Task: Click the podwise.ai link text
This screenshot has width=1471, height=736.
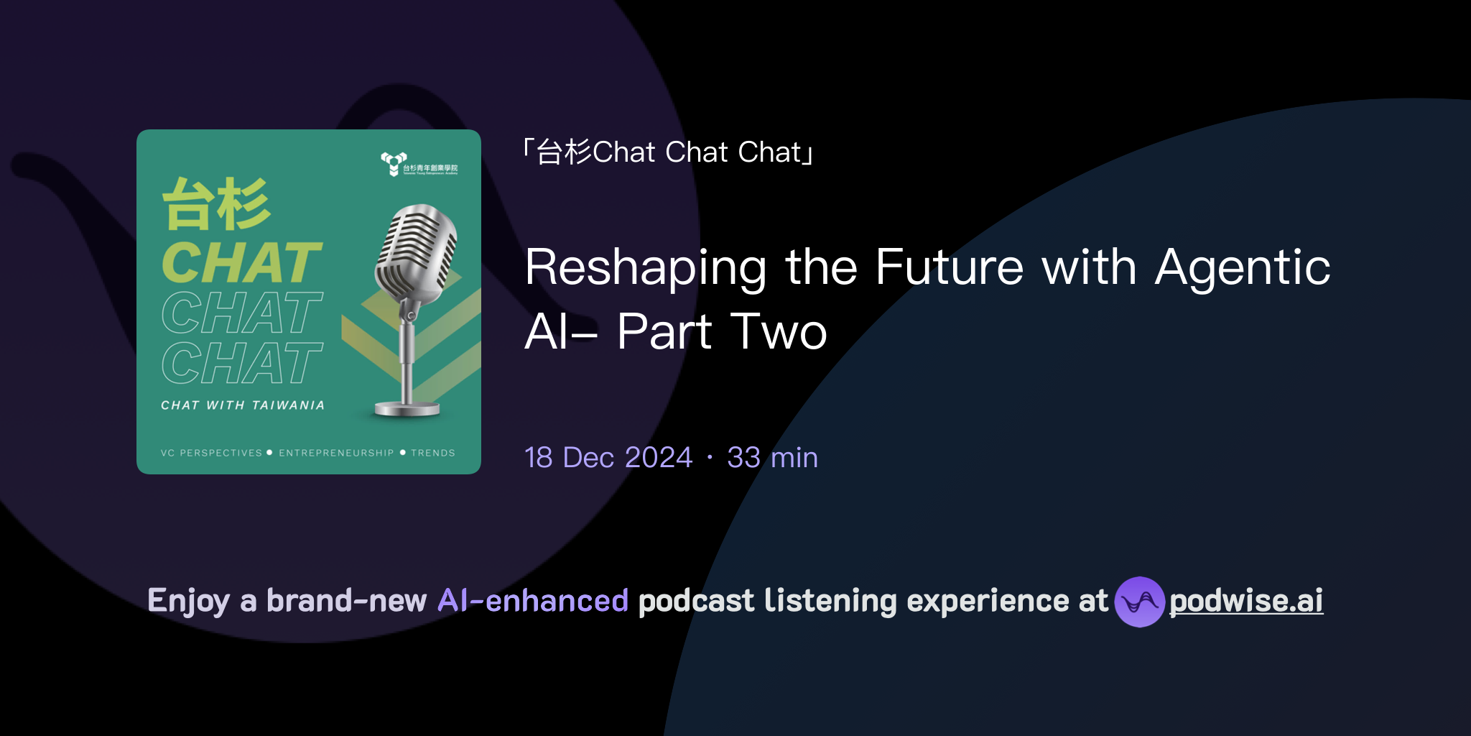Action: [1245, 601]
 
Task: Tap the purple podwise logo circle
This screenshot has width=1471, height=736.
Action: [1139, 602]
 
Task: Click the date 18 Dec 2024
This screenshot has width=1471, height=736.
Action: [608, 457]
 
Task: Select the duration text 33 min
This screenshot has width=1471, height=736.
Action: [772, 457]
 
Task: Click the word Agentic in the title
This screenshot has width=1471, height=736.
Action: [1242, 267]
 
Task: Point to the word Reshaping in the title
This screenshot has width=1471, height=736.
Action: [646, 267]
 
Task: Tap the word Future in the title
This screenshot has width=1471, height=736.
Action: [950, 267]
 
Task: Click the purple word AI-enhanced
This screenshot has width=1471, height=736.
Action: [533, 601]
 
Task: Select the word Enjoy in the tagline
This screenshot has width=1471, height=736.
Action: [188, 601]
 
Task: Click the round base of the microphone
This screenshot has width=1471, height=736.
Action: [407, 410]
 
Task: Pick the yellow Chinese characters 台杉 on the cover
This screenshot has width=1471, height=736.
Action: [216, 204]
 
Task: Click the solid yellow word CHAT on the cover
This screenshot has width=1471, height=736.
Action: [241, 262]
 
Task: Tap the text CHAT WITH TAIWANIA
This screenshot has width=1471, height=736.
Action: [243, 405]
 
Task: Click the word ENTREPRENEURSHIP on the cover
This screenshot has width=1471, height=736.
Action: [336, 453]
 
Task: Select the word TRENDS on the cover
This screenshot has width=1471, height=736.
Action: [433, 453]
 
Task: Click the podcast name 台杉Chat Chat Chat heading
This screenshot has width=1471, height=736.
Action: [668, 152]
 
